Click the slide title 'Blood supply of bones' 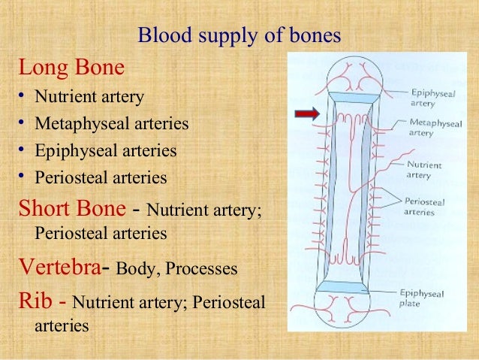[x=240, y=35]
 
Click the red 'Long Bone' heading [x=71, y=69]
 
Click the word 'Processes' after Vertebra [x=205, y=269]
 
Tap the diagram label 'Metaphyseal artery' [x=436, y=127]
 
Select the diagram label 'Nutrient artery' [x=425, y=170]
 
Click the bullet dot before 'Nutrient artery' [x=23, y=98]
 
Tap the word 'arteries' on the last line [x=62, y=326]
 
